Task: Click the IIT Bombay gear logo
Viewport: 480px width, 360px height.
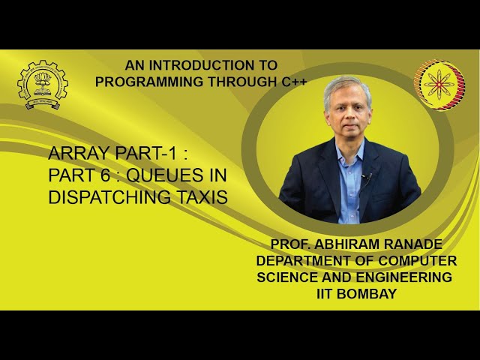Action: (42, 85)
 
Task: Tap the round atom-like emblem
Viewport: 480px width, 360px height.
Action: (439, 85)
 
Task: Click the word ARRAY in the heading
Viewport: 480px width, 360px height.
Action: (77, 154)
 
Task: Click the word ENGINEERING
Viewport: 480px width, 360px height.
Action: (404, 277)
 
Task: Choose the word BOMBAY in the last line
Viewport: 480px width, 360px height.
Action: (367, 294)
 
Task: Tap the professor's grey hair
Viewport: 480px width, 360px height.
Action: (347, 86)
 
